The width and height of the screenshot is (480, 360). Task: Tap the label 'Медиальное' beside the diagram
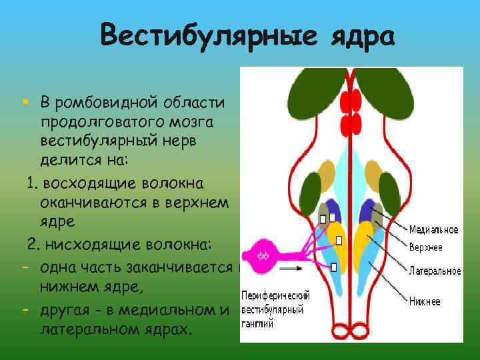coord(433,230)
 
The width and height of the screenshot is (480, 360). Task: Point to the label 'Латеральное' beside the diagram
coord(435,271)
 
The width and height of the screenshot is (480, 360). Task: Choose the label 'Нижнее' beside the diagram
coord(425,302)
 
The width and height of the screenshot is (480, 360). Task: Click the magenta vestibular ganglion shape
coord(263,255)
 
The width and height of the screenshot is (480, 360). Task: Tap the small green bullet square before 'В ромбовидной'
coord(24,102)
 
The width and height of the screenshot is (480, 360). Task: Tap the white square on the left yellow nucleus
coord(339,241)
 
